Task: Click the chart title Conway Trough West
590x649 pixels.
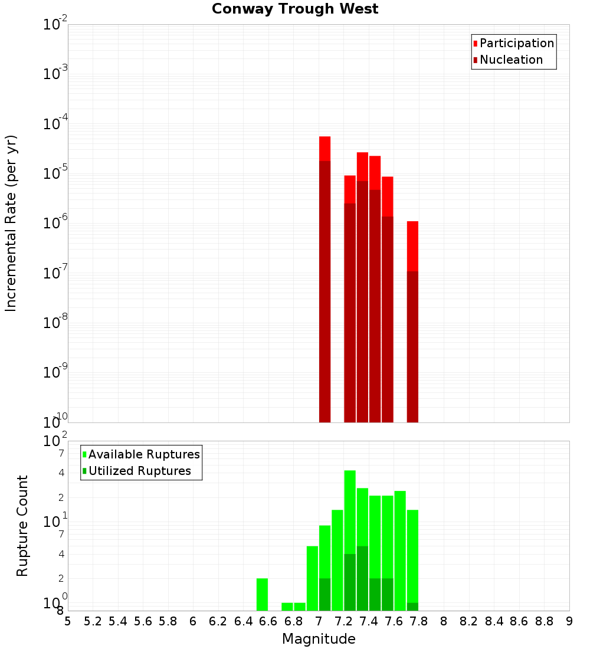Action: [295, 9]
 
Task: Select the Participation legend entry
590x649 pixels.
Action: [516, 43]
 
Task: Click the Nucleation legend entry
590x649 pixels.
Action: [510, 60]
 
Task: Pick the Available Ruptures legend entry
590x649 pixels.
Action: [143, 454]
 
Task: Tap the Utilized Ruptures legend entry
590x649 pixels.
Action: [139, 471]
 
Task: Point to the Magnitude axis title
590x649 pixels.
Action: [319, 639]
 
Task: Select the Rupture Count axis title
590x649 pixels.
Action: [22, 526]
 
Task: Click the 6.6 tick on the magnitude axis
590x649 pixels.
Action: [268, 621]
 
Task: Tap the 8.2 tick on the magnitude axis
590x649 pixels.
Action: [469, 621]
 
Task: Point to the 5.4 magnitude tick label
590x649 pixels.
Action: [118, 621]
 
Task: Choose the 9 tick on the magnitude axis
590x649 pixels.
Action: [569, 621]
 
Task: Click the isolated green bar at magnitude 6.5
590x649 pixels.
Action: [262, 594]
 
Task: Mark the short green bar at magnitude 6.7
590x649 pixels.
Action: [287, 607]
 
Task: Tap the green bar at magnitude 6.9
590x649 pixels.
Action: [312, 578]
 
